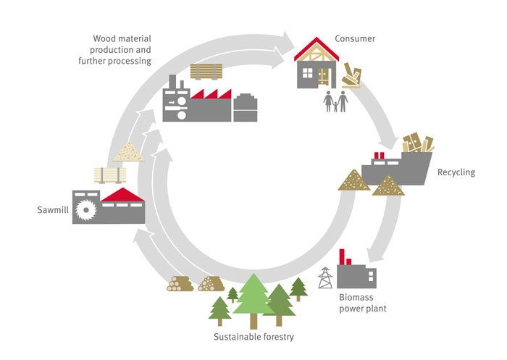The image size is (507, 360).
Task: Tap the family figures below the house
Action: (x=335, y=101)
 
